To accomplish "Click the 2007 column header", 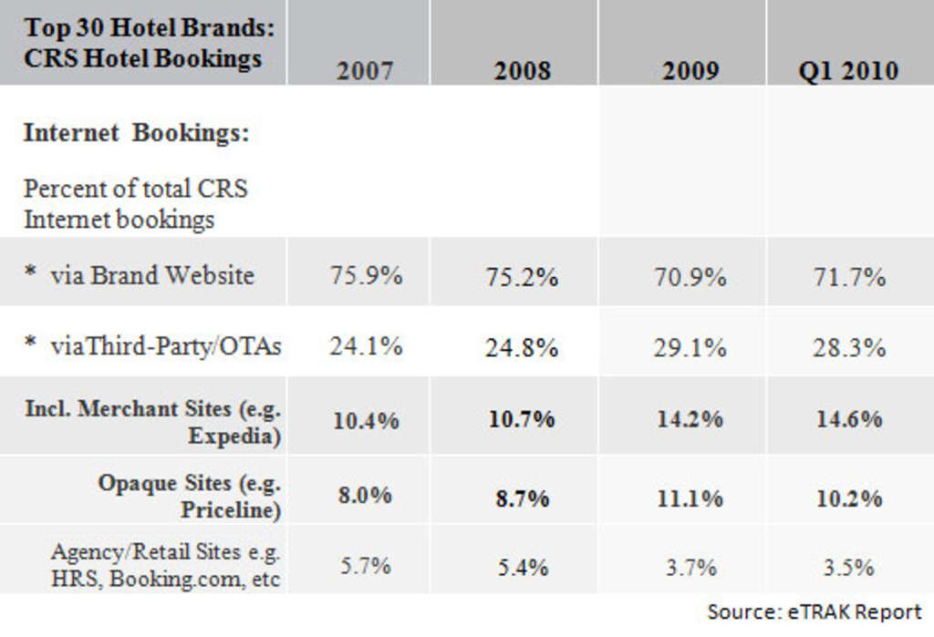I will tap(365, 71).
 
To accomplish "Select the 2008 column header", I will tap(523, 71).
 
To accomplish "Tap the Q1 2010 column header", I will tap(849, 71).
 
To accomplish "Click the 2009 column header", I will tap(690, 71).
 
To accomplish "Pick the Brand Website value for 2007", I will tap(366, 275).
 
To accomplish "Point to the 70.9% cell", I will tap(690, 276).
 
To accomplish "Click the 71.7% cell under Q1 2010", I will tap(849, 276).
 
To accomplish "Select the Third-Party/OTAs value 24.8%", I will tap(523, 347).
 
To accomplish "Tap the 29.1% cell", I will tap(690, 347).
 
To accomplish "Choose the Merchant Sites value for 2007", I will tap(366, 420).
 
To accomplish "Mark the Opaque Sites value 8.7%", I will tap(523, 498).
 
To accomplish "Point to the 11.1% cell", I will tap(690, 498).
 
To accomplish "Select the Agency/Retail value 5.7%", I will tap(366, 566).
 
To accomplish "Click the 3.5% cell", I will tap(849, 568).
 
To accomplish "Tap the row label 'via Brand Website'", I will tap(151, 275).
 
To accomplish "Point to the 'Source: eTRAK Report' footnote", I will tap(815, 611).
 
